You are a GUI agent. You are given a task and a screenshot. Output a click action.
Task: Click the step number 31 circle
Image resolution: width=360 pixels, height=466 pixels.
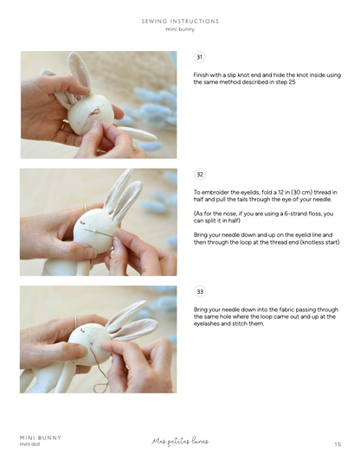[x=200, y=57]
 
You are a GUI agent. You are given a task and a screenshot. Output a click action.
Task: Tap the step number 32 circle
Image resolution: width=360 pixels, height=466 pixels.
[x=200, y=175]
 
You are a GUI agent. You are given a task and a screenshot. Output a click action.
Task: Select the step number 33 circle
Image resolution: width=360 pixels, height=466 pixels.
[x=200, y=292]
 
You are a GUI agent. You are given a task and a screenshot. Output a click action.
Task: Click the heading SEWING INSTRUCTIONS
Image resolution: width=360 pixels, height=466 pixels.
[x=180, y=21]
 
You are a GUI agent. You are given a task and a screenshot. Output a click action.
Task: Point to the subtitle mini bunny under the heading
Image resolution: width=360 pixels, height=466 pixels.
[x=180, y=29]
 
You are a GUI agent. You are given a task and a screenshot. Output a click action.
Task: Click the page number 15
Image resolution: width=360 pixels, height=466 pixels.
[x=337, y=444]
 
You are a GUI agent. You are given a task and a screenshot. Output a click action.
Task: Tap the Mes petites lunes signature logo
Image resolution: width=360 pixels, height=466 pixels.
[x=180, y=441]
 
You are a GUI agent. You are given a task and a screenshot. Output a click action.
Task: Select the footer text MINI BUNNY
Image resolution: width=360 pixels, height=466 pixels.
[x=40, y=437]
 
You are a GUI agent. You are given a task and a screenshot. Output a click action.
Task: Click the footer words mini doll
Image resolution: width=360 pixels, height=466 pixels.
[x=30, y=444]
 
